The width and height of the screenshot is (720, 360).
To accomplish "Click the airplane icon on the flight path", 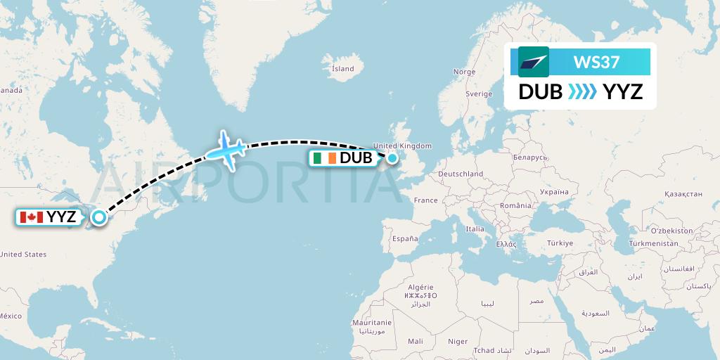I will coord(226,148).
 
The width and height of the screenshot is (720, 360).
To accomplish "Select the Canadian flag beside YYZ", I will coord(31,217).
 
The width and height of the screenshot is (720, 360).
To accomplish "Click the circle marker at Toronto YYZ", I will coord(98,217).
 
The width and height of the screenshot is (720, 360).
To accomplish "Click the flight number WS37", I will coord(596,62).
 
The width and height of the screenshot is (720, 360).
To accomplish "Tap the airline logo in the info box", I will coord(534,62).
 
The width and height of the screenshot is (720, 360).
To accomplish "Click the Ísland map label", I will coord(343,69).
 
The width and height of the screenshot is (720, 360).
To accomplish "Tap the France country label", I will coord(425,200).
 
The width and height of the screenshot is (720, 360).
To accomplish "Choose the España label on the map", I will coord(405,239).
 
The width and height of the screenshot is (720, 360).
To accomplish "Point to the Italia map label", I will coord(475,229).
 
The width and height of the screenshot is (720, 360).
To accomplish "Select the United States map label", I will coord(23,255).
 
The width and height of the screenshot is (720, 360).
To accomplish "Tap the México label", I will coord(11,316).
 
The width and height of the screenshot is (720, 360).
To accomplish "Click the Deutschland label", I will coord(460,174).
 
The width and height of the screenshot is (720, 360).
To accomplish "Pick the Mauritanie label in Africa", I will coord(371,322).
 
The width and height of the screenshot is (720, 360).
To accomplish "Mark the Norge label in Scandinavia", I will coord(464,72).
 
